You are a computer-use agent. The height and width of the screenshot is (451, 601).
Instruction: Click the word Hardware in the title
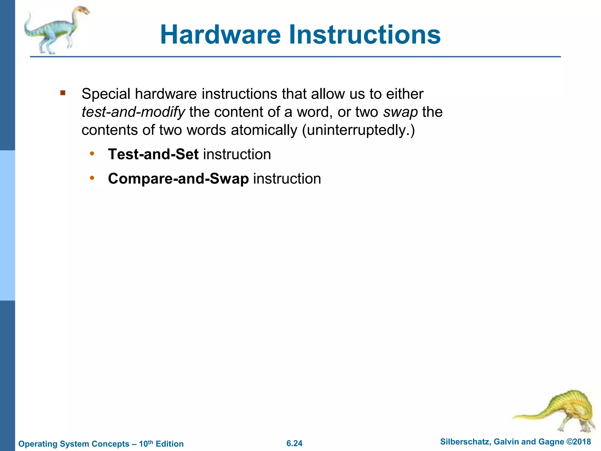(x=220, y=35)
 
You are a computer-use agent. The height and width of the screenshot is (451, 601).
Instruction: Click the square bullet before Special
(x=63, y=93)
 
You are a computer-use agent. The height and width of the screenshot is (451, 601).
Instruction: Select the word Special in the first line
(x=106, y=94)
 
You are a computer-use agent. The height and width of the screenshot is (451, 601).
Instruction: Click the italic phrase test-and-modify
(x=133, y=112)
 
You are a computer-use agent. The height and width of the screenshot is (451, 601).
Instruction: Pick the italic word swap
(x=400, y=112)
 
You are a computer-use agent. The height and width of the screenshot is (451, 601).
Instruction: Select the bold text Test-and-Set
(x=153, y=154)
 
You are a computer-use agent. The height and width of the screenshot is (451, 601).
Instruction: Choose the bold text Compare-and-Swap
(x=178, y=179)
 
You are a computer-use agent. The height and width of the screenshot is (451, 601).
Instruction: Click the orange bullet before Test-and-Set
(x=92, y=154)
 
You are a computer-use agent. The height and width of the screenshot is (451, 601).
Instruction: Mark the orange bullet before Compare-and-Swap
(x=92, y=178)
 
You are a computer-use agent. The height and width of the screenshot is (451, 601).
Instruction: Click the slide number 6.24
(x=294, y=443)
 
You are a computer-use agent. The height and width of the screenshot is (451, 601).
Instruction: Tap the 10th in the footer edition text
(x=146, y=443)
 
